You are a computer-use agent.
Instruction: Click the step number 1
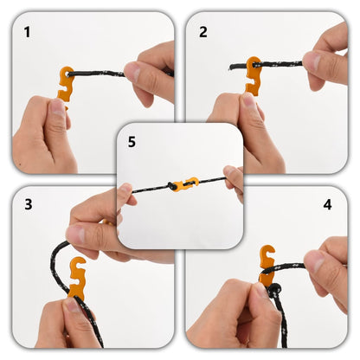point(27,33)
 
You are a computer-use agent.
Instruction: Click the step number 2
point(203,33)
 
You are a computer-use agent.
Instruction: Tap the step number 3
point(28,204)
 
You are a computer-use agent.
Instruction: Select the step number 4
point(327,205)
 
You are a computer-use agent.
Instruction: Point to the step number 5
point(132,142)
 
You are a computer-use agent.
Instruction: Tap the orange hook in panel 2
point(253,75)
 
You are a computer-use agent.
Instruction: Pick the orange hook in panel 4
point(267,263)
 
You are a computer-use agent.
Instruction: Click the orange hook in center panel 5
point(183,184)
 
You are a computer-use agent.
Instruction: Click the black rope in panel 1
point(100,74)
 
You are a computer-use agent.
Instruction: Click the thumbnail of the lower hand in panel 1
point(58,108)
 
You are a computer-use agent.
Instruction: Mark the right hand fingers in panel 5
point(233,179)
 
